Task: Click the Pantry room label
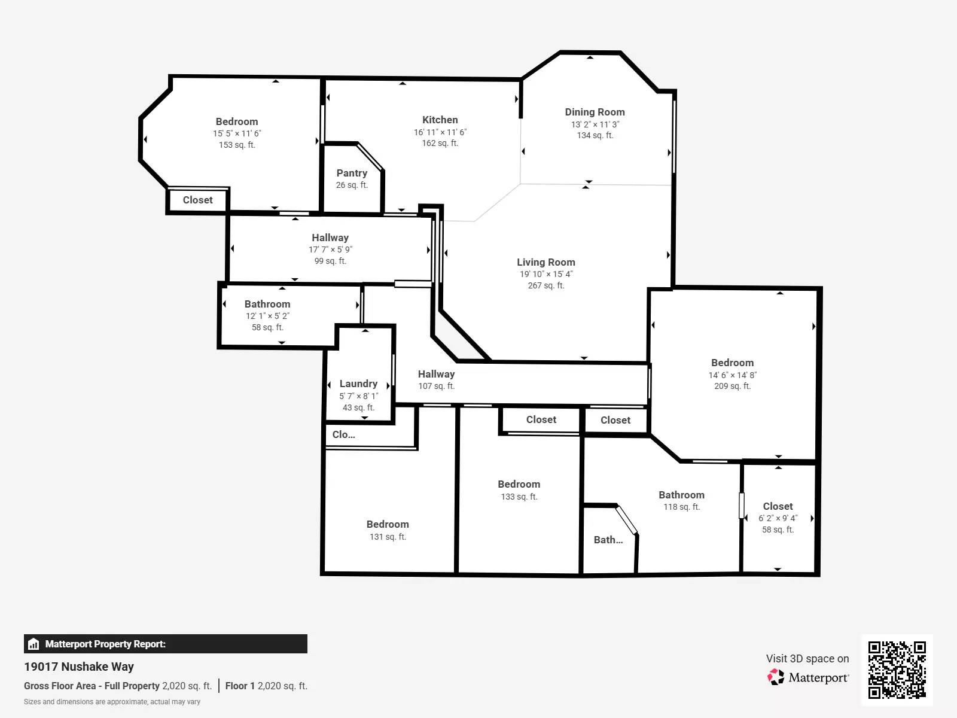click(352, 173)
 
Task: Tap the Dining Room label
click(595, 112)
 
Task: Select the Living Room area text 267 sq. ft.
click(545, 285)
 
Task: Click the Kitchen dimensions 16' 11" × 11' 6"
click(440, 132)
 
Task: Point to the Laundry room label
click(358, 384)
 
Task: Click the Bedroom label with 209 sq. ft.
click(732, 363)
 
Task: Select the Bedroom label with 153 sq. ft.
click(237, 121)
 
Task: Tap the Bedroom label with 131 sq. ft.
click(388, 524)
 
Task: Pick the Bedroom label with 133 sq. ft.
click(519, 484)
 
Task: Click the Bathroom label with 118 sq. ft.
click(681, 495)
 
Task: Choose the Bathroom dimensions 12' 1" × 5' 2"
click(267, 316)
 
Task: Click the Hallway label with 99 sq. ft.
click(330, 238)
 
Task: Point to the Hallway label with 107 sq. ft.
click(436, 374)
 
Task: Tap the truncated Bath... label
click(608, 540)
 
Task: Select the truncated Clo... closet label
click(343, 434)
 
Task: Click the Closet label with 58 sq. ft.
click(778, 506)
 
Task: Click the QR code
click(897, 670)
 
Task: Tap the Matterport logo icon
click(776, 677)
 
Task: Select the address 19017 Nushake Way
click(79, 667)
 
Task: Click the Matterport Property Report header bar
click(165, 644)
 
